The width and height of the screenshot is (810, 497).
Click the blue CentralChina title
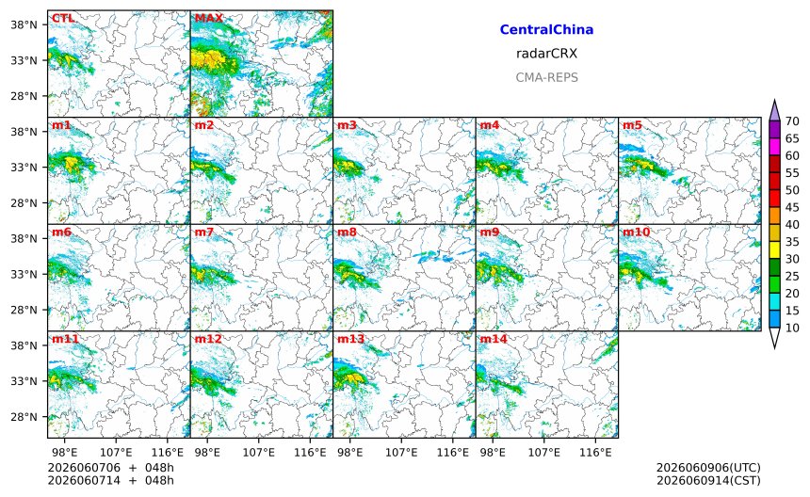click(546, 29)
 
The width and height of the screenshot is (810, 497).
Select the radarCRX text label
click(546, 54)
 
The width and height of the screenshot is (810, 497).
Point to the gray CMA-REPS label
click(546, 77)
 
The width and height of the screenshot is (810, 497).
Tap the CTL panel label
click(62, 18)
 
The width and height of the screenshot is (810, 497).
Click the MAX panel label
click(209, 18)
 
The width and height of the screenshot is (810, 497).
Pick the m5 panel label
click(632, 125)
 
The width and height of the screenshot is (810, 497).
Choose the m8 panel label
click(347, 232)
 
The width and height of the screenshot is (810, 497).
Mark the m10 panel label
click(636, 232)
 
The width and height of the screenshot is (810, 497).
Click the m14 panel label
click(494, 339)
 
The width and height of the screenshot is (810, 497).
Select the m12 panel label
click(207, 339)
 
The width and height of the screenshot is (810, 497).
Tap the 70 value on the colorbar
click(792, 121)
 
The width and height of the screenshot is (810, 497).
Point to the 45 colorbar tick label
click(792, 207)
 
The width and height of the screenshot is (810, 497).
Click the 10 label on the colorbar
click(792, 328)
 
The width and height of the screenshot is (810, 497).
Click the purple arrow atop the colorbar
click(774, 111)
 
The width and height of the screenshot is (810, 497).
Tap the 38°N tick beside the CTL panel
click(24, 24)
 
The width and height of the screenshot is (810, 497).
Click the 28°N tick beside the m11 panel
click(24, 416)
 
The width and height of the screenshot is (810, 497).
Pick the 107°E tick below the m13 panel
click(401, 453)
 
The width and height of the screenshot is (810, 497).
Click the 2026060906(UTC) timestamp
click(708, 468)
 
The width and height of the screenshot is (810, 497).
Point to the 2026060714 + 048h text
click(110, 480)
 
